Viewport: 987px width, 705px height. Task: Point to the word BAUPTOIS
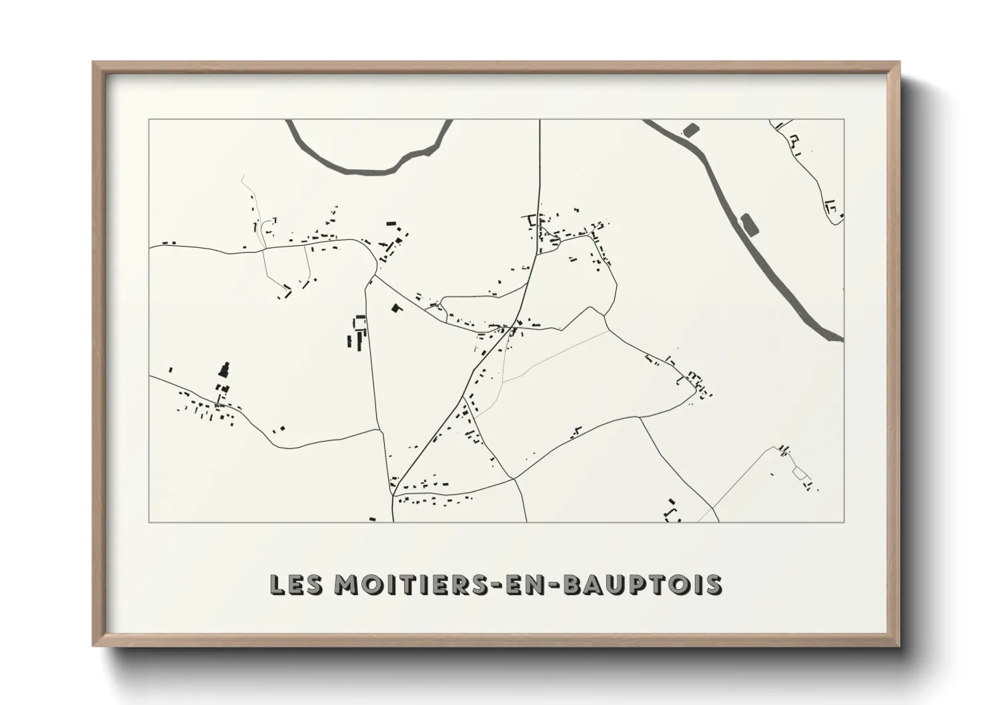point(643,584)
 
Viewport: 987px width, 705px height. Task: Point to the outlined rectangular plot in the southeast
point(800,474)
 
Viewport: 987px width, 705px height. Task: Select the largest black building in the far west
point(225,370)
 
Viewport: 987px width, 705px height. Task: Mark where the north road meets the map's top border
point(540,120)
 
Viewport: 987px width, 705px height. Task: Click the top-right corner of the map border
point(844,120)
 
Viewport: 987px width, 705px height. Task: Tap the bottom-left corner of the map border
point(149,522)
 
